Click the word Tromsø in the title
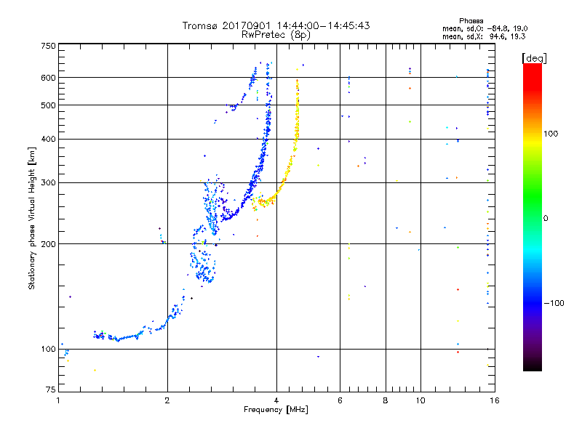pos(201,25)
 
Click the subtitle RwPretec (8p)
pos(276,35)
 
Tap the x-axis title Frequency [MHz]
pos(276,410)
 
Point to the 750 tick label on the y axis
pos(48,46)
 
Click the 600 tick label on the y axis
pos(48,78)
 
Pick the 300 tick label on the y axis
pos(48,183)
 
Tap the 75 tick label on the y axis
pos(51,389)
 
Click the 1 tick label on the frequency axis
pos(58,400)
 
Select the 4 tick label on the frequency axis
pos(276,400)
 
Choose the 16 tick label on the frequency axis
pos(495,400)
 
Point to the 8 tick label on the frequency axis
pos(386,400)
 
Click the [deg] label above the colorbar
pos(534,59)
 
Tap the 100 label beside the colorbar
pos(551,134)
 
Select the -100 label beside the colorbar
pos(554,303)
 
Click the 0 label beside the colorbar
pos(545,219)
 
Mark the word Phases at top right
pos(471,21)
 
